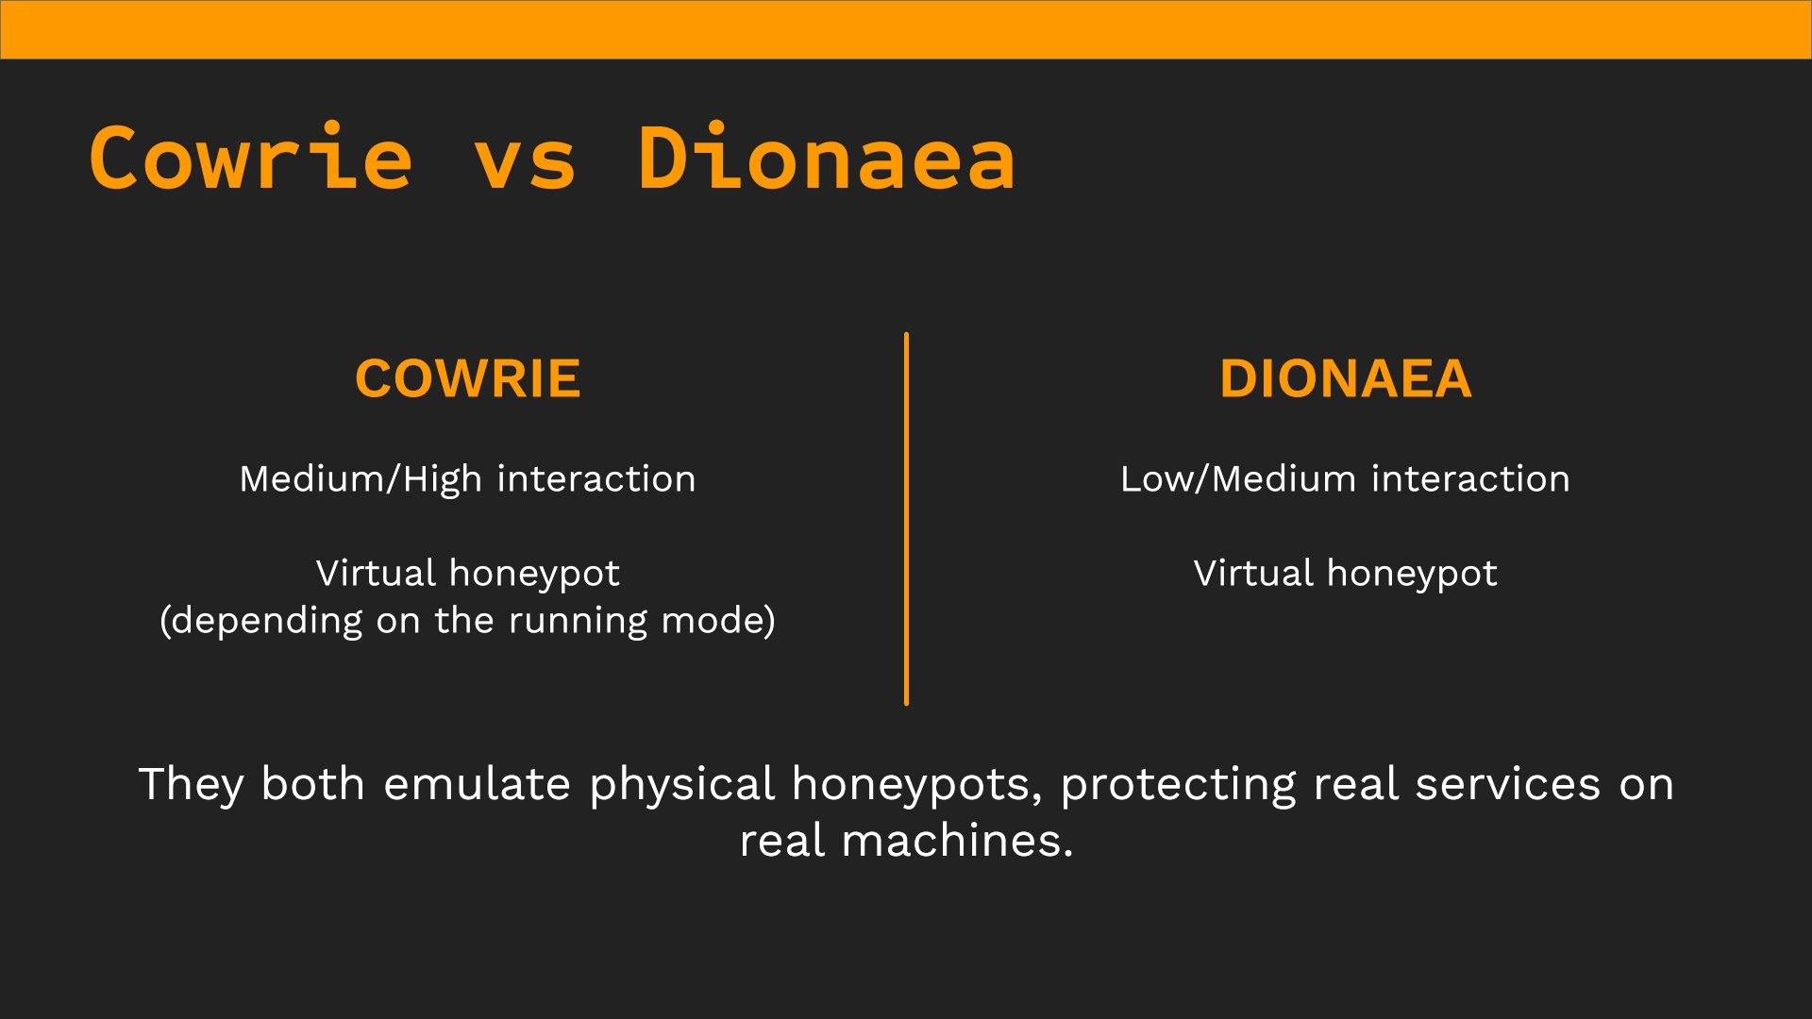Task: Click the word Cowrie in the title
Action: click(x=251, y=158)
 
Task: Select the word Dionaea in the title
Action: click(x=827, y=158)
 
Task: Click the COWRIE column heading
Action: click(x=467, y=379)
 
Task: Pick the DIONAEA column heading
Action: click(x=1345, y=379)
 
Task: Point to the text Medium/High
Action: click(x=361, y=479)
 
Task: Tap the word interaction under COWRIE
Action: click(x=596, y=479)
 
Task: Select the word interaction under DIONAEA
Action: click(x=1470, y=479)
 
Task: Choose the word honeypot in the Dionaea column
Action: click(x=1412, y=575)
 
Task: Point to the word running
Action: click(x=578, y=622)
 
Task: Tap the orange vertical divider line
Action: click(x=906, y=519)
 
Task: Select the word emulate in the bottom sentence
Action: click(x=477, y=784)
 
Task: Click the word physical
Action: click(x=682, y=786)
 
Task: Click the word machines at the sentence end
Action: click(x=957, y=841)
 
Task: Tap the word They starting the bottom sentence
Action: click(x=192, y=786)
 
